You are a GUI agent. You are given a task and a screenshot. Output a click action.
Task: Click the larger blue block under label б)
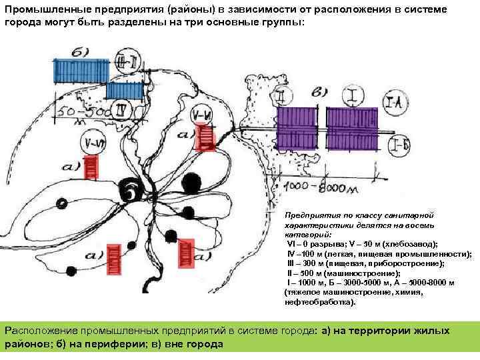(75, 70)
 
